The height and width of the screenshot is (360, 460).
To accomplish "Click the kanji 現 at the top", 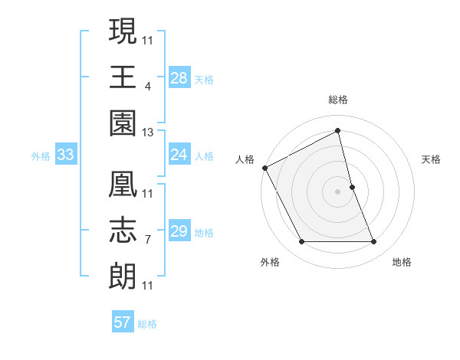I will [123, 32].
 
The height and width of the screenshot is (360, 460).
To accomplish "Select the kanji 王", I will [123, 77].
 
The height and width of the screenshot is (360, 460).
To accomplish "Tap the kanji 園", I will [123, 121].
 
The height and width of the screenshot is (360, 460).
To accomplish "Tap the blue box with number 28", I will [179, 77].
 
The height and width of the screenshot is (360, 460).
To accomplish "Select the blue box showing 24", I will [179, 155].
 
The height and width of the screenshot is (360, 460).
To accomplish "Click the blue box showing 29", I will [179, 231].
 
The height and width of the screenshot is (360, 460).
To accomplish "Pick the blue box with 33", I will [65, 155].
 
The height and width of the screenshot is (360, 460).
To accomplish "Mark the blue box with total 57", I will [122, 322].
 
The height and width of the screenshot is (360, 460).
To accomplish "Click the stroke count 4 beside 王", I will [147, 86].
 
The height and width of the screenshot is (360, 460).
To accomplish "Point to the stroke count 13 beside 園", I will [148, 133].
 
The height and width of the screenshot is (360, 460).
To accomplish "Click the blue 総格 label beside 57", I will [148, 324].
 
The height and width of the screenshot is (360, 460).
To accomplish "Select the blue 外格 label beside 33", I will [41, 156].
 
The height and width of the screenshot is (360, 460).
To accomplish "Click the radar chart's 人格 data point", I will [265, 167].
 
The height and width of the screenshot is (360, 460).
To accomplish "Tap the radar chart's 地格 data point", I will [374, 242].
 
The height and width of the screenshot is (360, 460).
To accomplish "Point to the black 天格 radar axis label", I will [432, 159].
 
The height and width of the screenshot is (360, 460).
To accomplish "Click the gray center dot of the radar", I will [338, 191].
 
